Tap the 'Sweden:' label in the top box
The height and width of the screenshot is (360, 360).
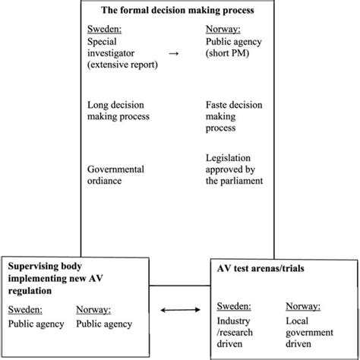point(105,30)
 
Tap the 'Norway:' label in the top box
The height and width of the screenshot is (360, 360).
point(224,30)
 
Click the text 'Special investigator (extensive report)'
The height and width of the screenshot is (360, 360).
point(124,55)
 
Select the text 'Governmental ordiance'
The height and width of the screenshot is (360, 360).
point(116,175)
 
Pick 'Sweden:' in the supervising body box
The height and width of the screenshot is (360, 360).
point(25,308)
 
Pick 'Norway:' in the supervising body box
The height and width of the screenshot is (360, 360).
point(95,308)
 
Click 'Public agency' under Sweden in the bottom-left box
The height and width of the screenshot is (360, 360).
point(36,324)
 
